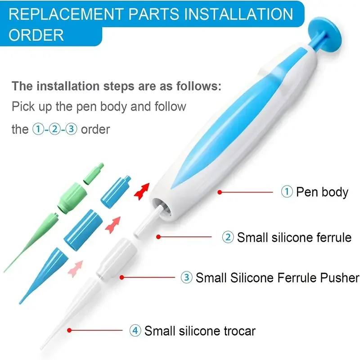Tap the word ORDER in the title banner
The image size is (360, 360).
click(36, 35)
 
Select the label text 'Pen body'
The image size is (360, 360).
click(322, 192)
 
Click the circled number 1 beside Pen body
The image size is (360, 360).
click(287, 192)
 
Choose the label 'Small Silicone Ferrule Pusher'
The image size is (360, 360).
click(277, 278)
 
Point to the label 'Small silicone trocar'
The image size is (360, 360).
click(200, 331)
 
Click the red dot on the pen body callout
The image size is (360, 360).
click(220, 192)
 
